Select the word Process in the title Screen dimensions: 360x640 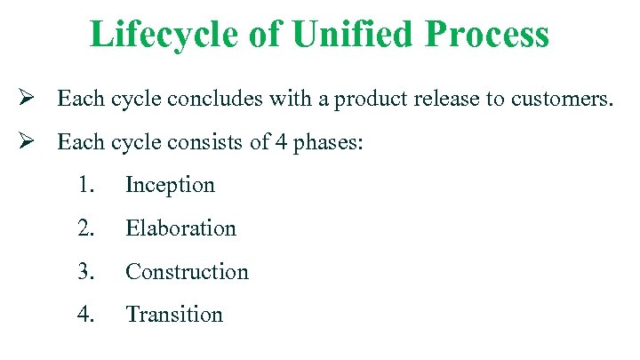point(487,35)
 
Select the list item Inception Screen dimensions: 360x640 point(171,185)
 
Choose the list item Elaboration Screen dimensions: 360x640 point(181,228)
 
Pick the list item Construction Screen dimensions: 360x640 point(188,271)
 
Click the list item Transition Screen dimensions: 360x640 point(175,314)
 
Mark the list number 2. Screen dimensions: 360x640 point(85,228)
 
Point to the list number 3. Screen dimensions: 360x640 point(85,271)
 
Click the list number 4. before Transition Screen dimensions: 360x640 point(85,314)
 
